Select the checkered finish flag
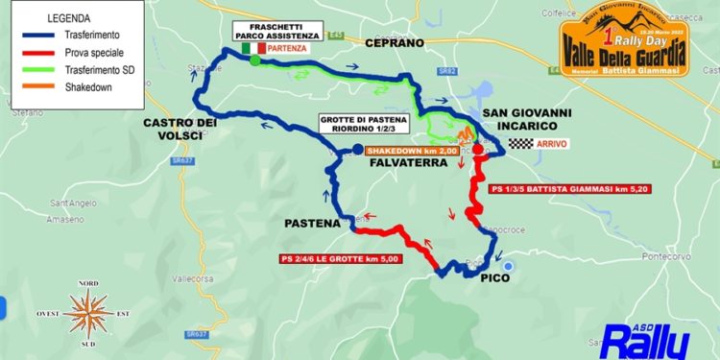point(520,144)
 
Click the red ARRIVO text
point(553,144)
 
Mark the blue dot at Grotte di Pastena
point(357,149)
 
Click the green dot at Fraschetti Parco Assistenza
point(255,60)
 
